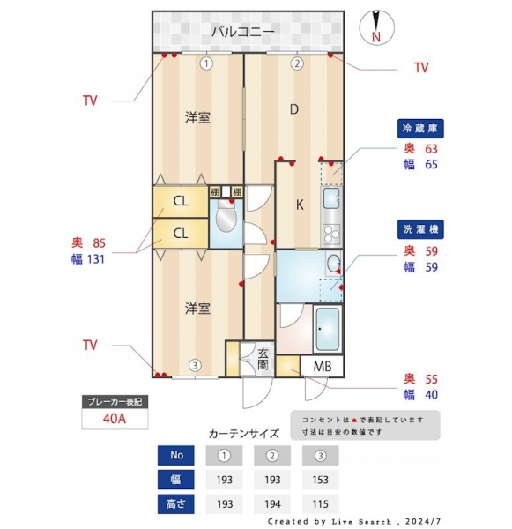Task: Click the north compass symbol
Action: pyautogui.click(x=376, y=27)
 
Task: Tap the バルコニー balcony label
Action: pyautogui.click(x=243, y=32)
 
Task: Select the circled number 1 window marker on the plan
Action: pyautogui.click(x=206, y=63)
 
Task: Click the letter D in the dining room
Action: pyautogui.click(x=294, y=109)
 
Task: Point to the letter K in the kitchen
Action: pyautogui.click(x=300, y=205)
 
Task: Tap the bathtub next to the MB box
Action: pyautogui.click(x=327, y=329)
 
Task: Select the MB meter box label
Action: pyautogui.click(x=323, y=366)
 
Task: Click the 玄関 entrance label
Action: pyautogui.click(x=263, y=359)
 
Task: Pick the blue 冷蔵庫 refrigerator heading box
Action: pyautogui.click(x=420, y=129)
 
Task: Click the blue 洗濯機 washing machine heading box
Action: pyautogui.click(x=420, y=229)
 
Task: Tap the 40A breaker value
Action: pyautogui.click(x=115, y=419)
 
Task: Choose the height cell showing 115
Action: pyautogui.click(x=320, y=504)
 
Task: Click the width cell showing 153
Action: pyautogui.click(x=320, y=480)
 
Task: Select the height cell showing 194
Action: pyautogui.click(x=272, y=504)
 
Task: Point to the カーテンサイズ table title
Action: pyautogui.click(x=244, y=433)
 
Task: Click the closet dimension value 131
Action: pyautogui.click(x=96, y=259)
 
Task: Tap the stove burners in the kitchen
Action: pyautogui.click(x=331, y=234)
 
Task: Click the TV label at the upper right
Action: pyautogui.click(x=421, y=68)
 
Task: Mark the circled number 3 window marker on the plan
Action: pyautogui.click(x=195, y=365)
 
